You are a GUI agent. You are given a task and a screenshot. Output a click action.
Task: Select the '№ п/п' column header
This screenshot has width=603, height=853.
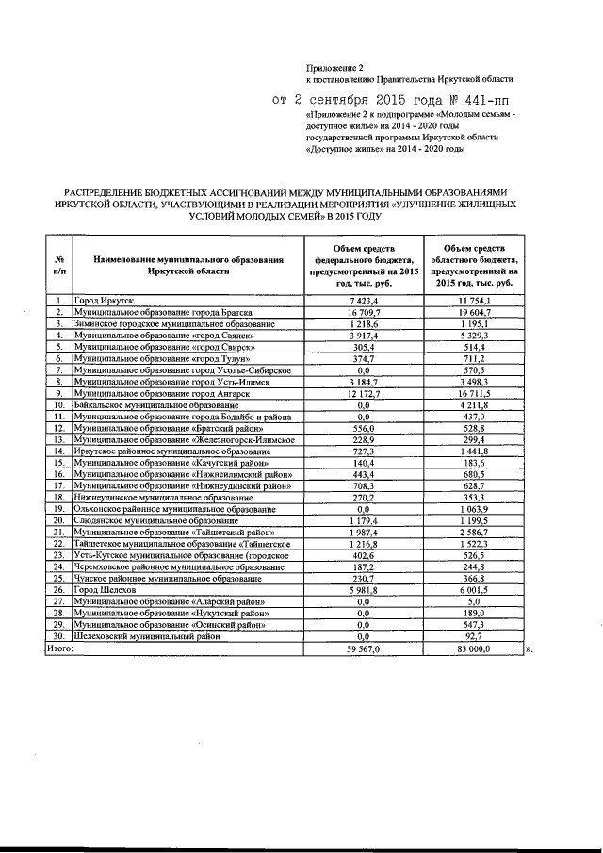(58, 265)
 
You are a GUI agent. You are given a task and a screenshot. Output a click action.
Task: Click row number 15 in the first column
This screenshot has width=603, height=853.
(58, 463)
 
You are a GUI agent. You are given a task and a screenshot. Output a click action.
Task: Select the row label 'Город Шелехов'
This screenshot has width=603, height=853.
(106, 590)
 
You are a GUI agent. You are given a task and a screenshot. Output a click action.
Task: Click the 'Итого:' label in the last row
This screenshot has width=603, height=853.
(59, 648)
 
